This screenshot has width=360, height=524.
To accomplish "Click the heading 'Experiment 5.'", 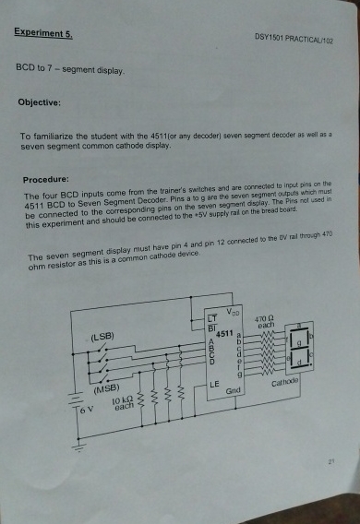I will click(x=43, y=33).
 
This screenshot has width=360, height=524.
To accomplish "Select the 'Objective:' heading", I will click(x=40, y=104).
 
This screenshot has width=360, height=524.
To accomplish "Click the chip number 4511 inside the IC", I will click(x=226, y=332).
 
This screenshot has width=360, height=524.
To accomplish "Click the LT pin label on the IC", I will click(x=212, y=318).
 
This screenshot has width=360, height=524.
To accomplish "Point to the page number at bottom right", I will click(x=329, y=456).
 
